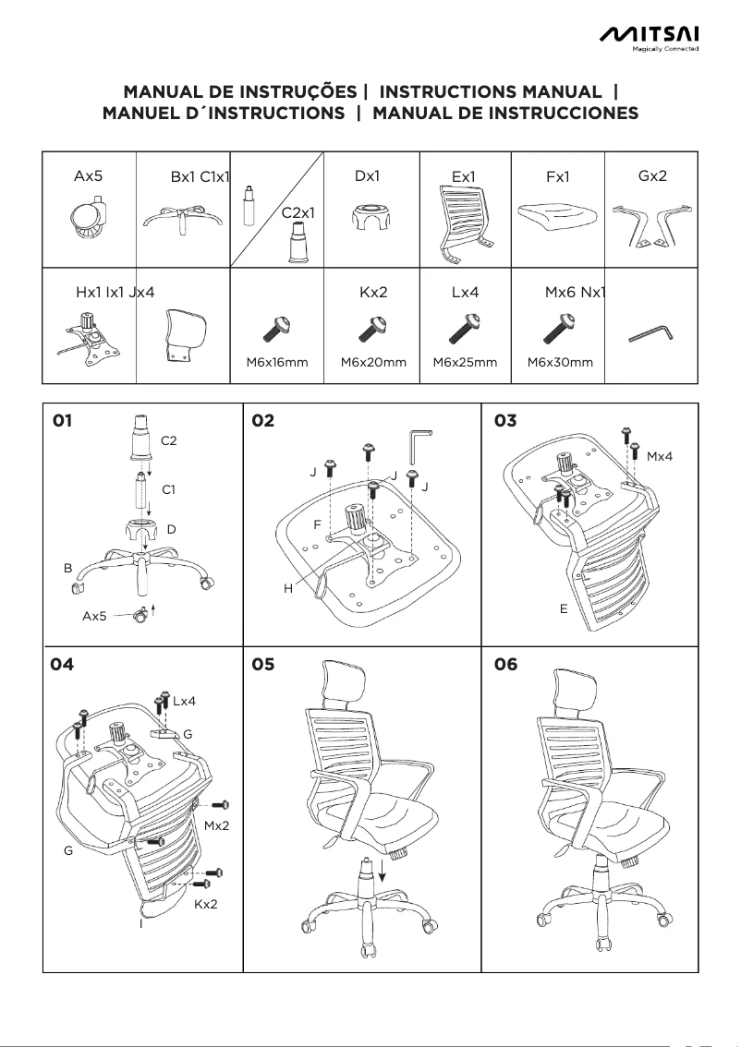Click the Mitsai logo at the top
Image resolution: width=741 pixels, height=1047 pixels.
tap(650, 35)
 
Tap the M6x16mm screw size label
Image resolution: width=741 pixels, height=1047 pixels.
tap(277, 363)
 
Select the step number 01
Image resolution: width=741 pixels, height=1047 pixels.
tap(62, 422)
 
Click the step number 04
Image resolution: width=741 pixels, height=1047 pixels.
tap(63, 665)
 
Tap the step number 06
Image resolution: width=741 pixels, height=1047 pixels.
tap(506, 665)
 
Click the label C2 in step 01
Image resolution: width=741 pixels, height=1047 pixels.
tap(169, 441)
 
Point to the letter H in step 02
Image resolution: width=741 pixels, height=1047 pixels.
tap(288, 588)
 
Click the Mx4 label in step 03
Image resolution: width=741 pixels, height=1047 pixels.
tap(660, 456)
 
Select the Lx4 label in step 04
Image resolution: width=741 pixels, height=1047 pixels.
tap(184, 702)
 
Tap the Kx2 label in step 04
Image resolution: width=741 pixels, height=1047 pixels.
tap(206, 904)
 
